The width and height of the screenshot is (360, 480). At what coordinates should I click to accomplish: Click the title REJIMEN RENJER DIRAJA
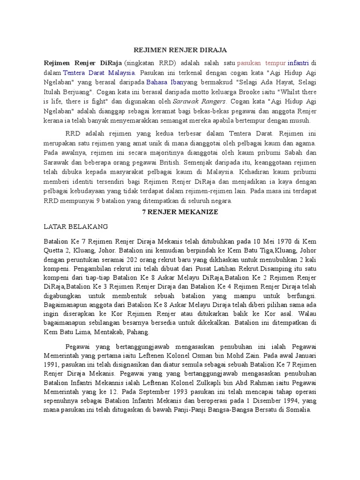(x=180, y=49)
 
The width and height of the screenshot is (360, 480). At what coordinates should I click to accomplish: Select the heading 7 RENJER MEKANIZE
(x=180, y=212)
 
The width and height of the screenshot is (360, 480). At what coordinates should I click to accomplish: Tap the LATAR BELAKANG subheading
(x=75, y=226)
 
